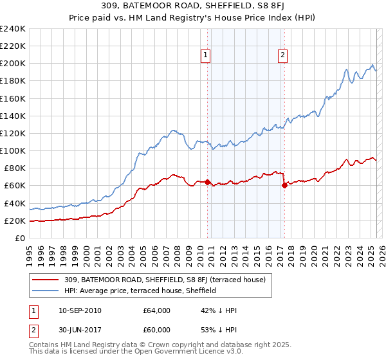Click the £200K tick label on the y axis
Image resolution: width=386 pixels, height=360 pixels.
[x=13, y=64]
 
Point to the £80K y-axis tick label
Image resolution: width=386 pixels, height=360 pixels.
[x=15, y=168]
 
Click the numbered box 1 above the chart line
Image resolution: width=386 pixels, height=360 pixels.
[x=205, y=55]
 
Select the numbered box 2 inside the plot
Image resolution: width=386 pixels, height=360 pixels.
[x=282, y=55]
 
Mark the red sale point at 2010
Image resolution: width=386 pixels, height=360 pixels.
[x=207, y=183]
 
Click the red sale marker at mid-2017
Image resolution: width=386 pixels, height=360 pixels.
[x=284, y=186]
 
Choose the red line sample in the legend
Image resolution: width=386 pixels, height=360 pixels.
[x=46, y=280]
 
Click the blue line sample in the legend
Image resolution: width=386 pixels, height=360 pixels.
[x=46, y=291]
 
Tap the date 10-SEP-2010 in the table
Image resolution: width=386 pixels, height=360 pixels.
[x=79, y=310]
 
